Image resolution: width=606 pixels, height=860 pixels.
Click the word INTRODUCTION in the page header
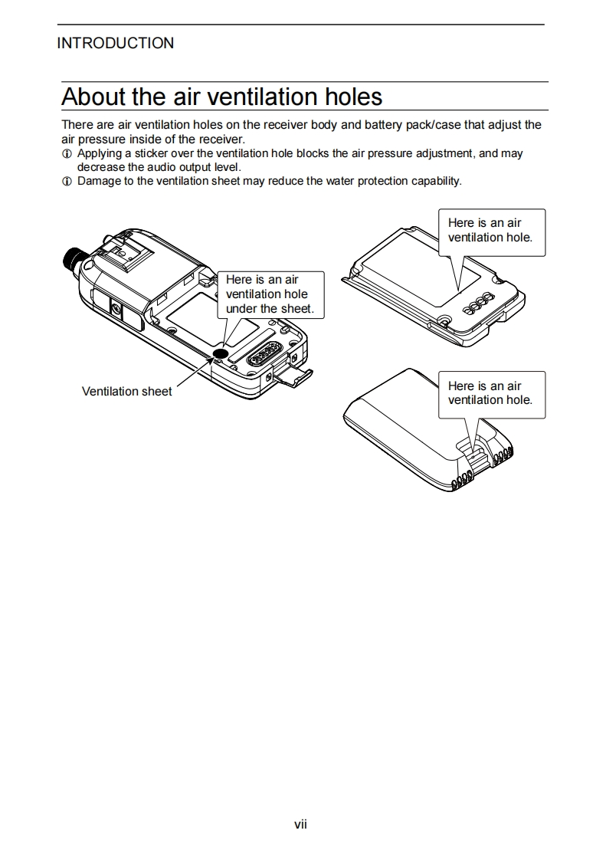click(x=115, y=43)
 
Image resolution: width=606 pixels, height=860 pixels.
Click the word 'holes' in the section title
click(x=349, y=97)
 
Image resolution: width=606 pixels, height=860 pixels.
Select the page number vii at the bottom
click(x=301, y=824)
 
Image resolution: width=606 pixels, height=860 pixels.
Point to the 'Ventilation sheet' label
click(x=126, y=392)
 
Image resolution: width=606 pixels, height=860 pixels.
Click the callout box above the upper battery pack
click(x=490, y=231)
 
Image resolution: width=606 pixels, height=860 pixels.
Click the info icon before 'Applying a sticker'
click(x=67, y=154)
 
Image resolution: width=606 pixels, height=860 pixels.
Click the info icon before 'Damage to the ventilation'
click(x=67, y=182)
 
